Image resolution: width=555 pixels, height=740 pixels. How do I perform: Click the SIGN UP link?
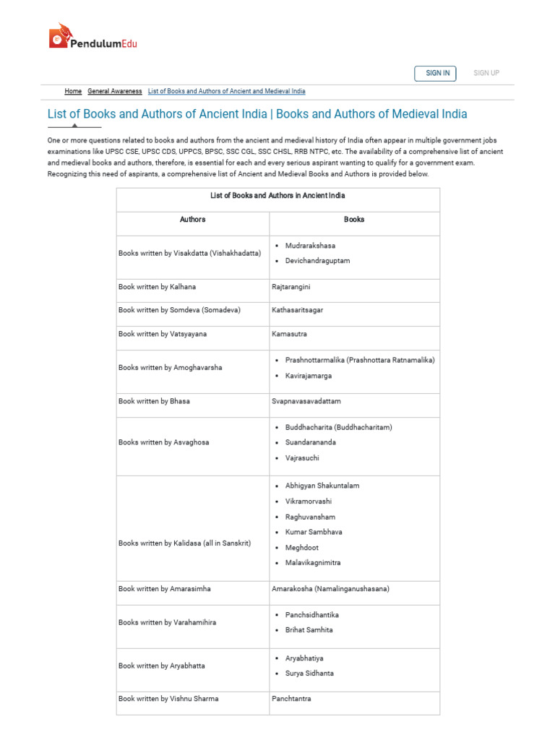pos(486,73)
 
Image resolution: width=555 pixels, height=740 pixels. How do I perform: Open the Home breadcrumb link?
pos(73,92)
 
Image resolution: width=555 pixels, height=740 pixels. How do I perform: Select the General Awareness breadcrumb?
pos(115,92)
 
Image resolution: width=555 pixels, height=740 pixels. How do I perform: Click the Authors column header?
pos(192,220)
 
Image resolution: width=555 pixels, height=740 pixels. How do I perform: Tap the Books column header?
pos(354,220)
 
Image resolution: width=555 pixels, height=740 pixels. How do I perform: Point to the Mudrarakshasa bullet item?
pos(310,246)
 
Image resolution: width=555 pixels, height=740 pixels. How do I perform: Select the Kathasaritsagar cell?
pos(297,310)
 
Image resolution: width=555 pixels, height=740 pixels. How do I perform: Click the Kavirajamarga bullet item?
pos(309,376)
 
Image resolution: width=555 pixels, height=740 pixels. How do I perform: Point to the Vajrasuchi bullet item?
pos(302,458)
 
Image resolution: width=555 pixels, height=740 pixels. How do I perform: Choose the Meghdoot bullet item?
pos(302,548)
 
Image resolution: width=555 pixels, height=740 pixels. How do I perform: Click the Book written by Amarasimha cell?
pos(165,589)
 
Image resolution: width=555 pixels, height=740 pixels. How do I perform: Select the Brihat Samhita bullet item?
pos(307,630)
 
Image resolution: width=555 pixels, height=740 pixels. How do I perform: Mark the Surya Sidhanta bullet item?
pos(309,674)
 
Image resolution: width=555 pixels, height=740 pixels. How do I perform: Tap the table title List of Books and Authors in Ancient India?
pos(277,196)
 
